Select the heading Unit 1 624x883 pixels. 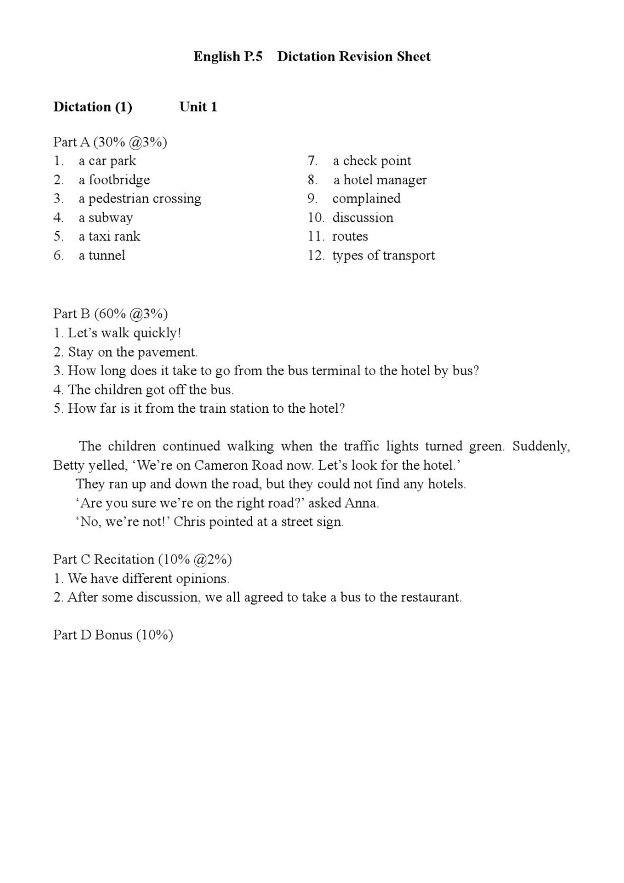point(198,107)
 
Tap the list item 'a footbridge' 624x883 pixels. point(114,180)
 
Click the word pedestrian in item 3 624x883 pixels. point(119,199)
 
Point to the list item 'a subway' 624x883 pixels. point(105,217)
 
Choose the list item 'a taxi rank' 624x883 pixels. point(109,236)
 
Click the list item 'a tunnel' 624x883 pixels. point(102,255)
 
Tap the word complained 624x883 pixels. point(366,199)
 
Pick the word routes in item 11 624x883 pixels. point(350,236)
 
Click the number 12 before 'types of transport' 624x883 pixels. point(315,255)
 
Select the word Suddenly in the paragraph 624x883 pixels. point(541,446)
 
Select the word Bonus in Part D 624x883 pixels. point(113,635)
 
